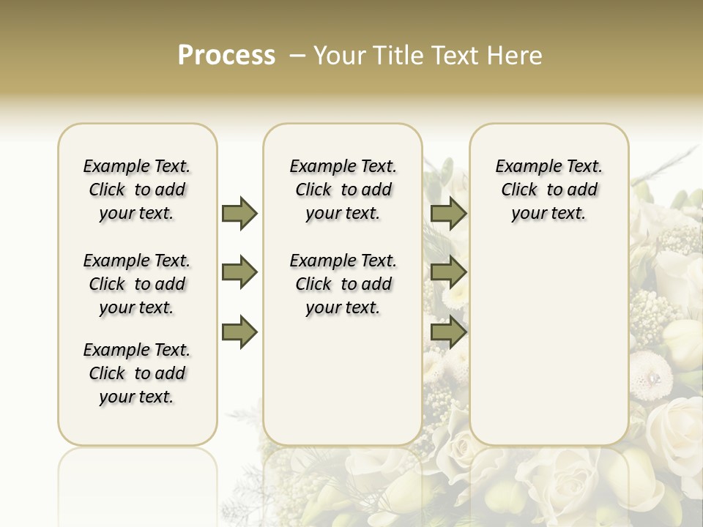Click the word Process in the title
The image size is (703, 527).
[x=226, y=56]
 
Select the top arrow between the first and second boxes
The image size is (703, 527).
[x=239, y=214]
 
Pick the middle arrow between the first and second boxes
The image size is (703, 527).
[x=239, y=273]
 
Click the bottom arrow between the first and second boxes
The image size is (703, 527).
[x=239, y=332]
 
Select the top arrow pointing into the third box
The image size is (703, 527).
[x=448, y=214]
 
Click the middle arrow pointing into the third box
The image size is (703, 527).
[x=448, y=273]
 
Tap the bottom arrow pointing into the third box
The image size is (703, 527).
[x=448, y=332]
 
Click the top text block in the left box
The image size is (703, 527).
[x=137, y=190]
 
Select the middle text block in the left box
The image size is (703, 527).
[x=137, y=284]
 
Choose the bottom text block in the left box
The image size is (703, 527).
[x=137, y=373]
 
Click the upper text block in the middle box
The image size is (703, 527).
[x=343, y=190]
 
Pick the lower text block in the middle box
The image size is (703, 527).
[x=343, y=284]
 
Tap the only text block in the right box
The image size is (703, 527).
[x=549, y=190]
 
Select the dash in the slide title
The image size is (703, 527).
[x=296, y=56]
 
